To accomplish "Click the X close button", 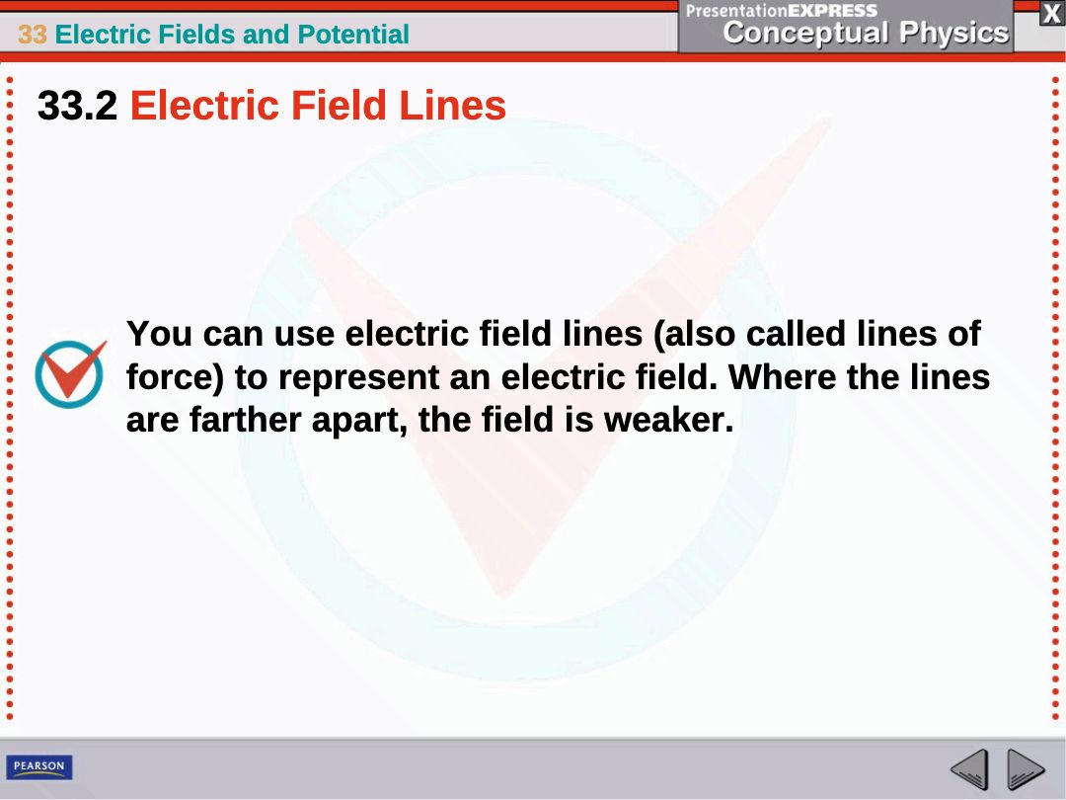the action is pyautogui.click(x=1051, y=14).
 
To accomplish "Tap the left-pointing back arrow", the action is pyautogui.click(x=969, y=769).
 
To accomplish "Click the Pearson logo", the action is pyautogui.click(x=39, y=766).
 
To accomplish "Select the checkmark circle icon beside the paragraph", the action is pyautogui.click(x=70, y=373).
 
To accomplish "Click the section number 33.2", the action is pyautogui.click(x=78, y=106).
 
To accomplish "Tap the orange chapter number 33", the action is pyautogui.click(x=32, y=34).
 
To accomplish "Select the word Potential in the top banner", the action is pyautogui.click(x=353, y=34).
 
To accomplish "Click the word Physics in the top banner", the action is pyautogui.click(x=953, y=32).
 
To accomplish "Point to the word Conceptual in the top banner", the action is pyautogui.click(x=805, y=32).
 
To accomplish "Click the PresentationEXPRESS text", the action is pyautogui.click(x=782, y=10).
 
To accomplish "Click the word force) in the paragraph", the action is pyautogui.click(x=176, y=377).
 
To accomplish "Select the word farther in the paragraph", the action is pyautogui.click(x=245, y=419).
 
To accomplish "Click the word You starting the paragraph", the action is pyautogui.click(x=160, y=334).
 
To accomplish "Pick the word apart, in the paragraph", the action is pyautogui.click(x=359, y=421).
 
